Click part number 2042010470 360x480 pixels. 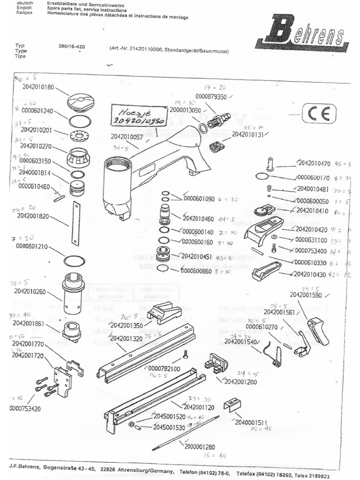pos(314,164)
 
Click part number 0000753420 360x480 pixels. pos(26,408)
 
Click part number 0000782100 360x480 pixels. pos(164,369)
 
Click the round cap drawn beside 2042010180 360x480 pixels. pos(81,102)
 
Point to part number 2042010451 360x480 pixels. pos(196,256)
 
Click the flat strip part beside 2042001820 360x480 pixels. pos(75,224)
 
